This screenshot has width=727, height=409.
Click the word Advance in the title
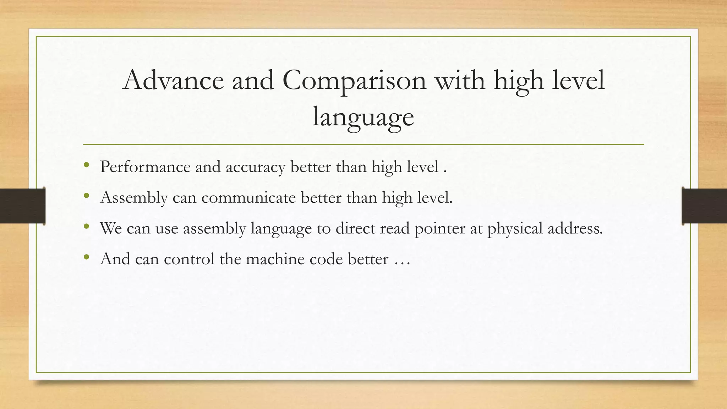point(173,80)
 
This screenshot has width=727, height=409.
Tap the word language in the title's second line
point(363,117)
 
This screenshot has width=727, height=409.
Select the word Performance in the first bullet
point(145,167)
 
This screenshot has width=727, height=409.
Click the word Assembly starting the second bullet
point(134,198)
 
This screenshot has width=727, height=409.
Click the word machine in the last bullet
point(275,259)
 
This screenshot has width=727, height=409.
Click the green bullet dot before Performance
point(86,165)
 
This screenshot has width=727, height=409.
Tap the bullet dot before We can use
point(86,226)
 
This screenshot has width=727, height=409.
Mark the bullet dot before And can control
point(86,257)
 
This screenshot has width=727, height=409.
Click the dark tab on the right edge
point(704,206)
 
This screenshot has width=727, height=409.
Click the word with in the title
point(460,80)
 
